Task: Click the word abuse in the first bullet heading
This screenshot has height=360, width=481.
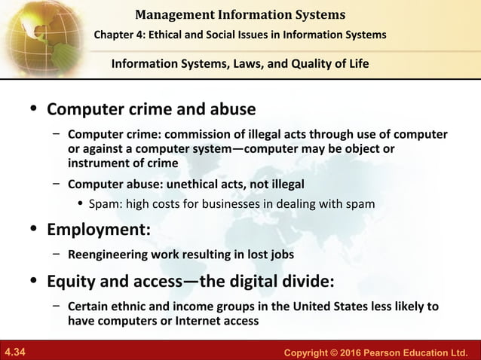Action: [x=231, y=109]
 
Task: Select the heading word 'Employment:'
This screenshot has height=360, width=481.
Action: [x=99, y=230]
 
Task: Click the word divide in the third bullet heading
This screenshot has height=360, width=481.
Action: [x=299, y=282]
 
